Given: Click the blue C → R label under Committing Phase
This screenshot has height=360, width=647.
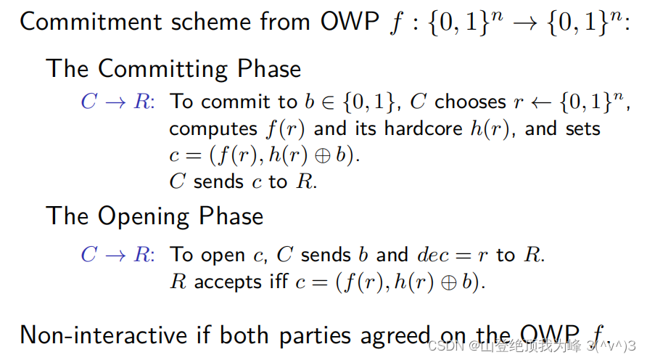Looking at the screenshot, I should pos(116,102).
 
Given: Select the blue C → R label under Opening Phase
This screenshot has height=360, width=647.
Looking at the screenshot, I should pos(116,255).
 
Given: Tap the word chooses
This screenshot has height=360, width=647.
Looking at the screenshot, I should pos(470,102).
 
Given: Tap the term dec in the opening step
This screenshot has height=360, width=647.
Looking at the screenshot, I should pos(432,255).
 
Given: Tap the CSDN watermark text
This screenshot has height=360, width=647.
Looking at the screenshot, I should pos(442,345).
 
